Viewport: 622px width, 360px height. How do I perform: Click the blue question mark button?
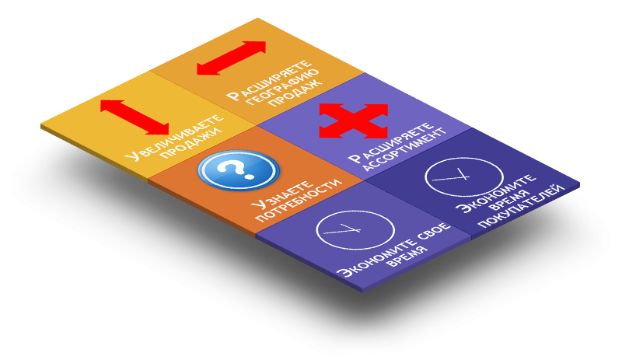pyautogui.click(x=239, y=170)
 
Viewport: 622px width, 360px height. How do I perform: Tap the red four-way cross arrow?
pyautogui.click(x=354, y=121)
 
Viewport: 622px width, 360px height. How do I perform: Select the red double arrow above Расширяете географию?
pyautogui.click(x=231, y=58)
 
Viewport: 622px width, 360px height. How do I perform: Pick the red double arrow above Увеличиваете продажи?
pyautogui.click(x=135, y=117)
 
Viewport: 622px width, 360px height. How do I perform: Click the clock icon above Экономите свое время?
pyautogui.click(x=355, y=230)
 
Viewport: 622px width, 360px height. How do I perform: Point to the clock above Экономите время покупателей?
pyautogui.click(x=463, y=177)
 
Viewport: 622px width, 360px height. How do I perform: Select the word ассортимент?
pyautogui.click(x=404, y=149)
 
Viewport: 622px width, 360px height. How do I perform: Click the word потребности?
pyautogui.click(x=299, y=200)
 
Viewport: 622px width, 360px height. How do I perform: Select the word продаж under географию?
pyautogui.click(x=296, y=94)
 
